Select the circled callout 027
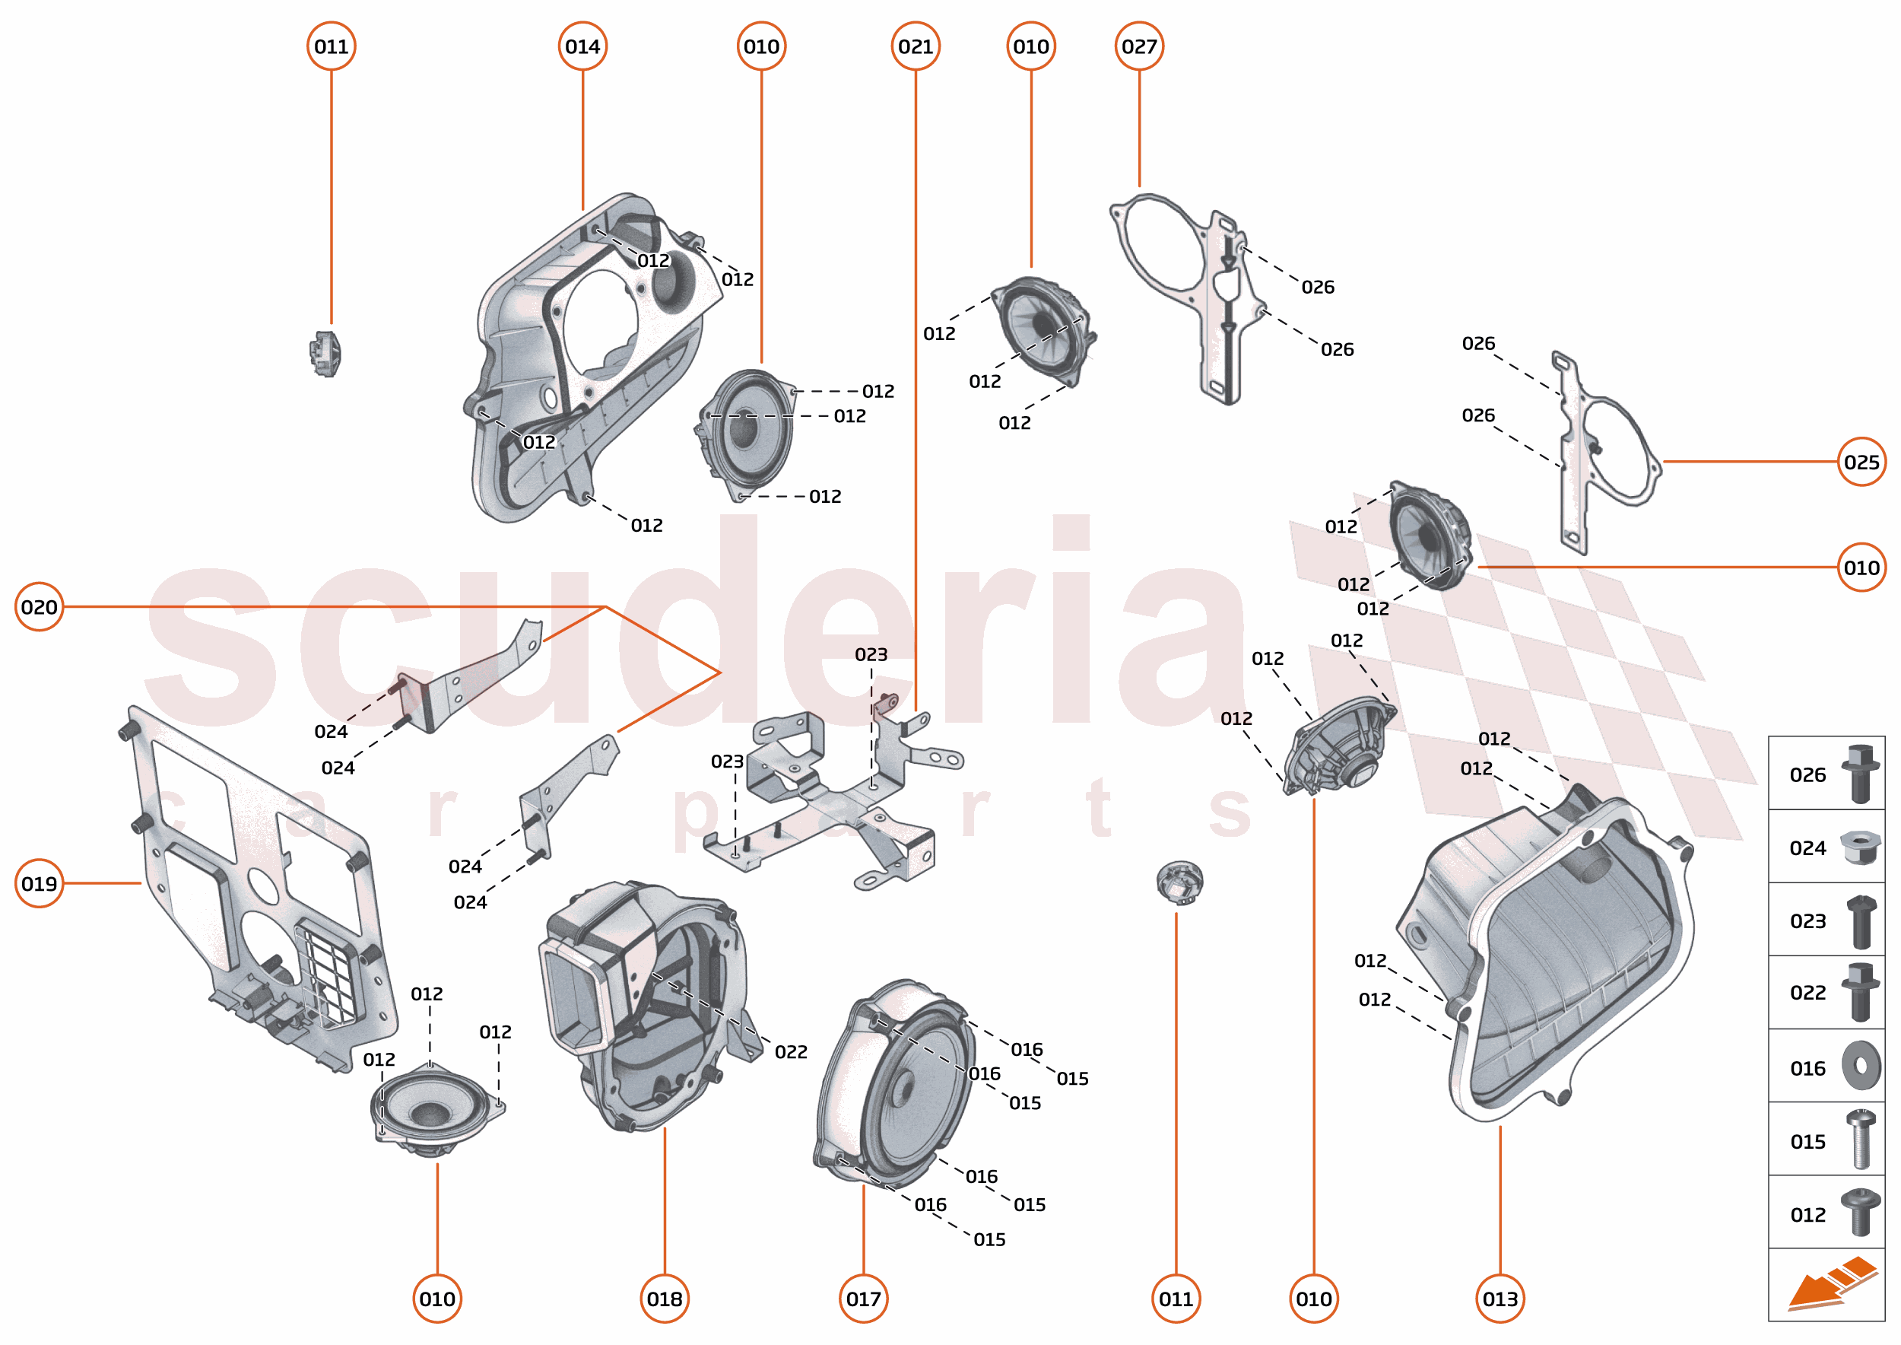click(x=1138, y=46)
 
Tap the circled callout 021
click(x=915, y=46)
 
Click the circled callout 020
click(x=39, y=607)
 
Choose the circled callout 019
click(x=39, y=884)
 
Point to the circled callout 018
click(x=664, y=1299)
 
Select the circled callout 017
click(x=863, y=1299)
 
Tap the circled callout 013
click(x=1500, y=1299)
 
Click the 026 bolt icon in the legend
click(x=1860, y=774)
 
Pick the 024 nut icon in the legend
click(x=1860, y=848)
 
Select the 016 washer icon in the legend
click(x=1861, y=1066)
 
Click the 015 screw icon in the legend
click(x=1861, y=1140)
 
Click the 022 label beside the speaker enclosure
click(x=791, y=1052)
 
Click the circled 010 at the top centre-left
click(x=761, y=46)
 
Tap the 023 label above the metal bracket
click(x=871, y=654)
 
